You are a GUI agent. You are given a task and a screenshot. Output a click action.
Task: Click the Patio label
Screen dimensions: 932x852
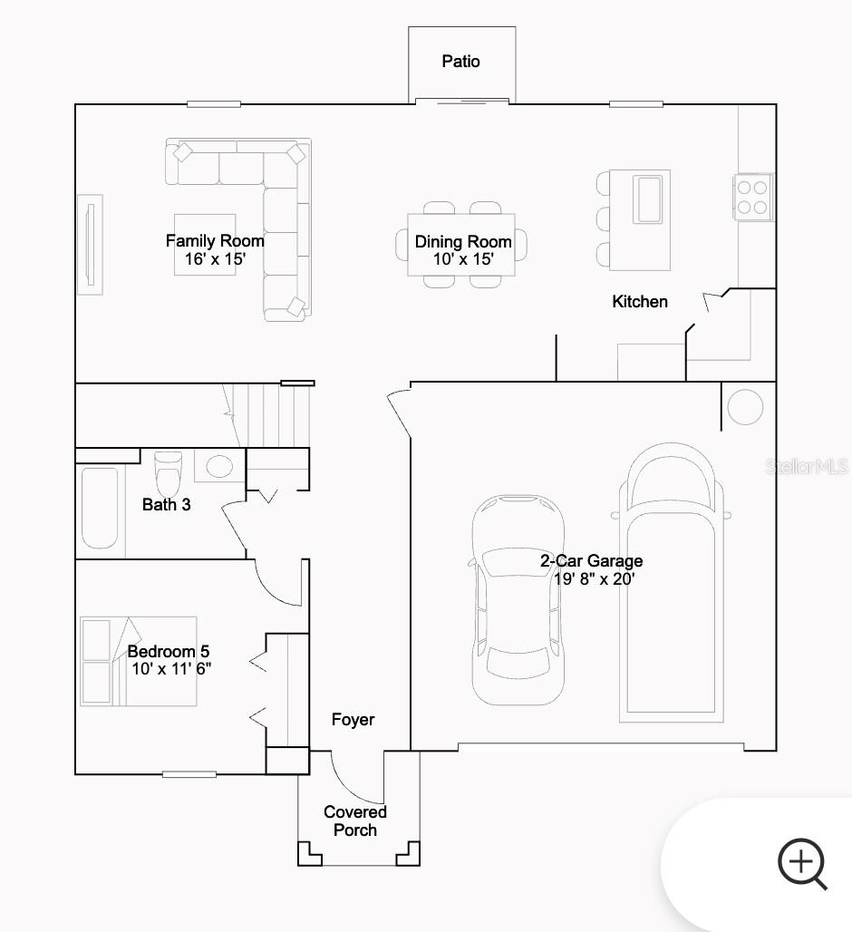pyautogui.click(x=460, y=62)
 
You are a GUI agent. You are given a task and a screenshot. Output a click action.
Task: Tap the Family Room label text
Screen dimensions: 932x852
pyautogui.click(x=215, y=241)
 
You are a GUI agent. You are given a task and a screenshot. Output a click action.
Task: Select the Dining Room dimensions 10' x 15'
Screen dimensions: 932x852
pyautogui.click(x=462, y=259)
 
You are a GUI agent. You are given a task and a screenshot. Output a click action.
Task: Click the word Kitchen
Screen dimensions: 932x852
pyautogui.click(x=640, y=302)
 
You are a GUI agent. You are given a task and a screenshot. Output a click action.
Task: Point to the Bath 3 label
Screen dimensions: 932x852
pyautogui.click(x=167, y=504)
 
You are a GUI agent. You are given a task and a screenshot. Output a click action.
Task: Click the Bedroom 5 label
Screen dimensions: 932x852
pyautogui.click(x=169, y=652)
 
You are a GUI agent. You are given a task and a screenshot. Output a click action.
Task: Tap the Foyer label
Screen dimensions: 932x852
pyautogui.click(x=353, y=720)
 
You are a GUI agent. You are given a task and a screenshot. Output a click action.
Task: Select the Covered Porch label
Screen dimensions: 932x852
pyautogui.click(x=355, y=821)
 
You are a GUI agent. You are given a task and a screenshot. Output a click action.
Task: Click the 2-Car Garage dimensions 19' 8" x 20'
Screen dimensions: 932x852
pyautogui.click(x=595, y=578)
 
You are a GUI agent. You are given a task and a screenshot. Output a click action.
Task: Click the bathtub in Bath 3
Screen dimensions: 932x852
pyautogui.click(x=100, y=508)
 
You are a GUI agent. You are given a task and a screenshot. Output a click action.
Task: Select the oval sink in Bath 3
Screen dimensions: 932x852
pyautogui.click(x=218, y=467)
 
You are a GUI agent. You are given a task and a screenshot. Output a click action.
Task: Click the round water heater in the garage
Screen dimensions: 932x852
pyautogui.click(x=745, y=407)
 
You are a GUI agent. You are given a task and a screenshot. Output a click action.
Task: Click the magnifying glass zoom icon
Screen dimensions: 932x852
pyautogui.click(x=802, y=863)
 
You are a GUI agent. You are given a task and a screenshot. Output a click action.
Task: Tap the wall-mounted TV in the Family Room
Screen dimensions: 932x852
pyautogui.click(x=89, y=244)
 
